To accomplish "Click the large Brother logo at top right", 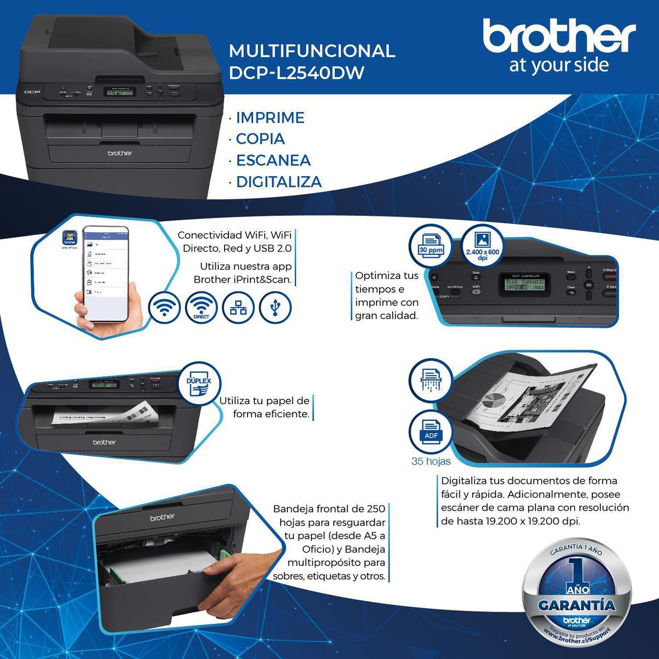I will click(559, 37).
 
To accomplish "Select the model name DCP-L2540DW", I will click(296, 73).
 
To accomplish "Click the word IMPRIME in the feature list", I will click(270, 118).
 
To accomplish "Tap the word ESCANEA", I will click(273, 160).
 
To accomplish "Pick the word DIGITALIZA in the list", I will click(278, 182).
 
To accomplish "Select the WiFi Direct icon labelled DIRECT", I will click(202, 308).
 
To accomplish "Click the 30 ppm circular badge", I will click(431, 244).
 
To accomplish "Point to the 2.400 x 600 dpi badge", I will click(482, 245).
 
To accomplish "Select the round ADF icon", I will click(431, 431).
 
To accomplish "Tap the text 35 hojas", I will click(431, 461).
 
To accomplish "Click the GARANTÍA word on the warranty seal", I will click(577, 606).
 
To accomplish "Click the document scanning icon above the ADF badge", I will click(431, 380).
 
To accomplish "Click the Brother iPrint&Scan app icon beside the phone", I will click(69, 237).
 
